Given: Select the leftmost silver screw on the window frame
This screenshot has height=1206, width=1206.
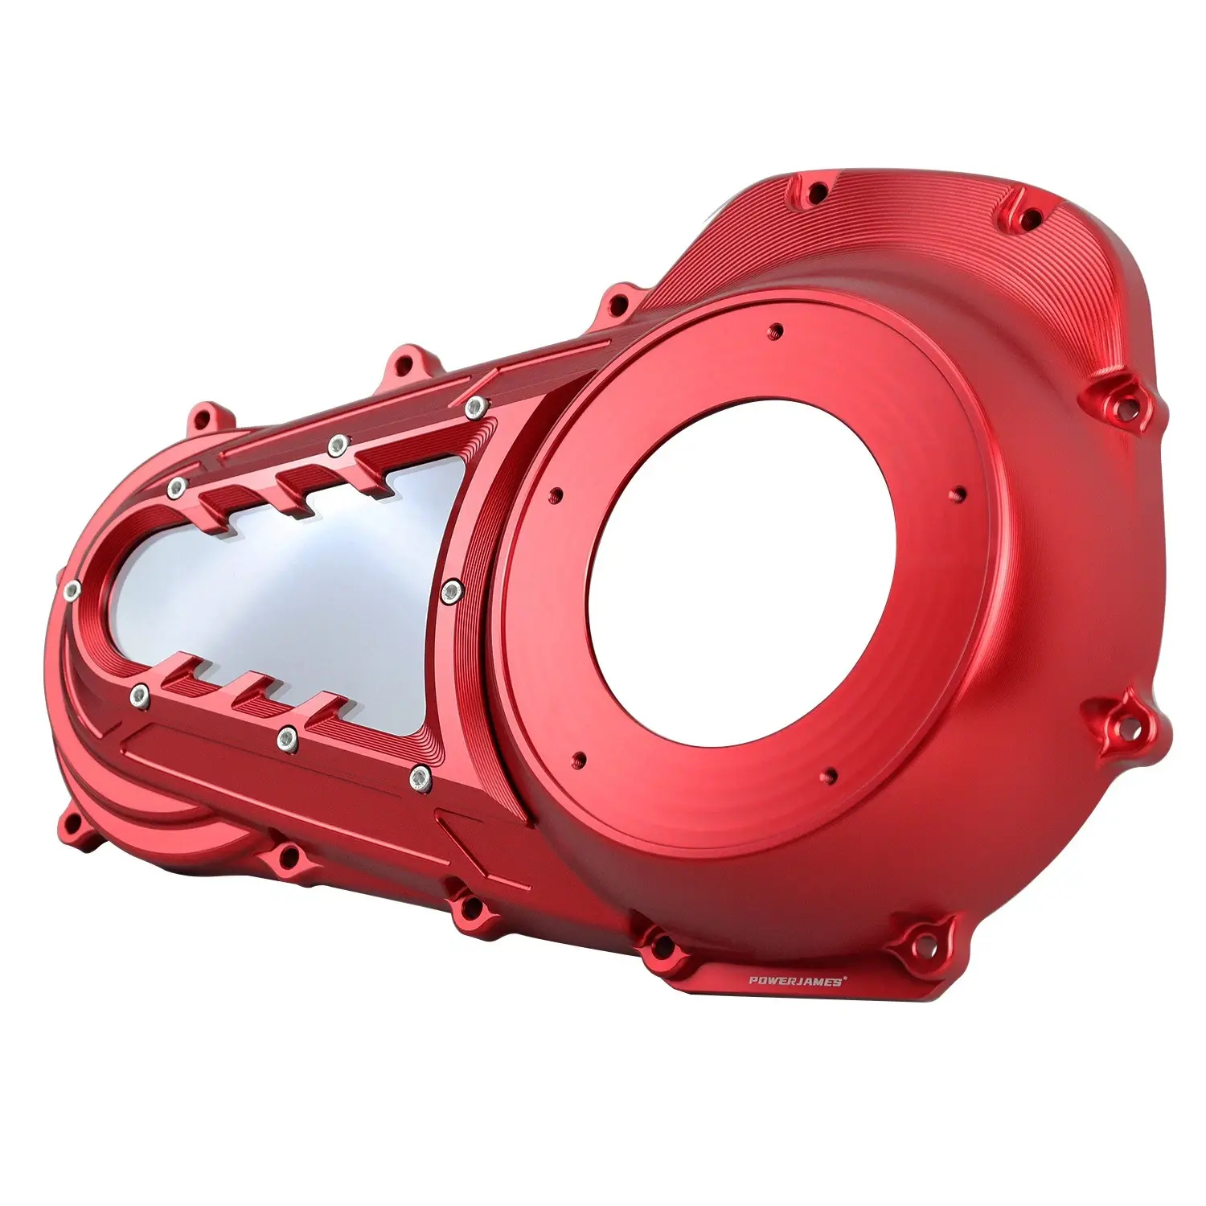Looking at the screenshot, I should pyautogui.click(x=71, y=590).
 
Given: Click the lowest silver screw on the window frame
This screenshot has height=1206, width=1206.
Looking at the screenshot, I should pyautogui.click(x=419, y=776).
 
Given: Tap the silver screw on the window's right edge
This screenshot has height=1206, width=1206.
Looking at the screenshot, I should pyautogui.click(x=452, y=593).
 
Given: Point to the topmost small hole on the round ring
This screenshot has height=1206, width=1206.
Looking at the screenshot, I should pyautogui.click(x=775, y=329).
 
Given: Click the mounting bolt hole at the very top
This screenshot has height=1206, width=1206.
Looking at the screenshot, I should pyautogui.click(x=817, y=193).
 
